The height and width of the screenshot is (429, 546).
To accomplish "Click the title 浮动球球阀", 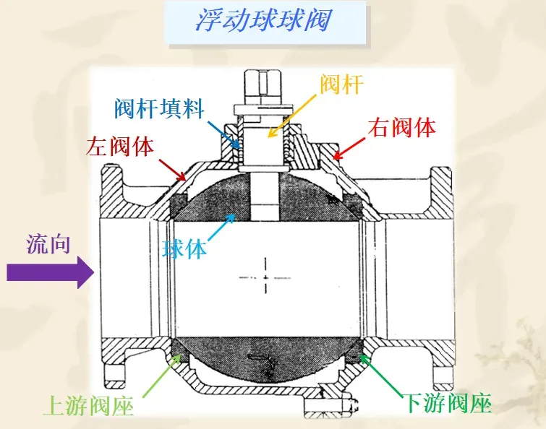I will pos(263,19).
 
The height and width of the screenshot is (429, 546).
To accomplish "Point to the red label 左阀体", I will pos(120,147).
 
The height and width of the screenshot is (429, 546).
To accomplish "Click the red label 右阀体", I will pos(402,128).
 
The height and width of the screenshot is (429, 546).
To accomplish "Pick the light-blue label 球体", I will pos(184,248).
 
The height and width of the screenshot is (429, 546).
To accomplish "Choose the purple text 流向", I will pos(48,244).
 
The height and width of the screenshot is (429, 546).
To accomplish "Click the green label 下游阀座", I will pos(446,402).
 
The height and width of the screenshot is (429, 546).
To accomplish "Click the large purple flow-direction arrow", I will pos(50,273).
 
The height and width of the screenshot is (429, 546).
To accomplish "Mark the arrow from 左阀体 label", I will pos(174,168).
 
